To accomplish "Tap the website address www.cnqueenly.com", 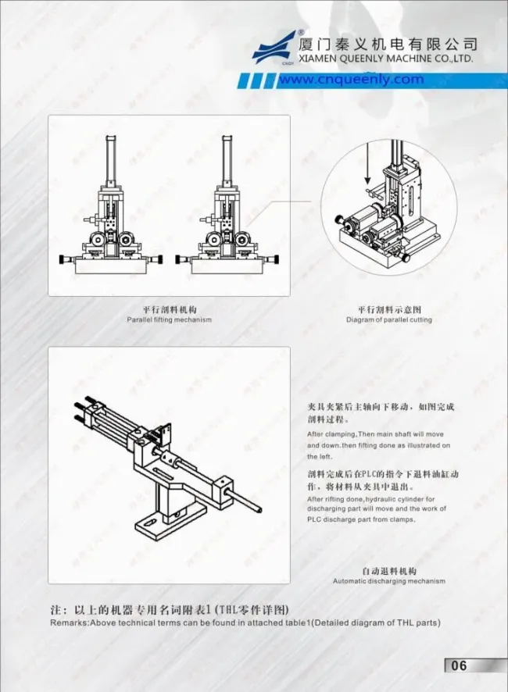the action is pos(351,80).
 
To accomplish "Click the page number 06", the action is pos(459,665).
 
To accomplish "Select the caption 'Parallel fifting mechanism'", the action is pos(169,319).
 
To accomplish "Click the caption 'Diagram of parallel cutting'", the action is pos(389,319).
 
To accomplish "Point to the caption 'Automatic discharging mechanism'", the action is pos(389,581).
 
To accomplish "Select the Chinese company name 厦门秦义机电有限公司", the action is pos(388,44).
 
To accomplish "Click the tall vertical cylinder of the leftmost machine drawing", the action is pos(110,159).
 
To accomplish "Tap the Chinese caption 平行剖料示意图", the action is pos(389,310).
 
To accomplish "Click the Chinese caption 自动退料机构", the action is pos(389,571).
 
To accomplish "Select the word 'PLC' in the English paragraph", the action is pos(313,519).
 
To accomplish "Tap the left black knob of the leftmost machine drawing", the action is pos(63,259).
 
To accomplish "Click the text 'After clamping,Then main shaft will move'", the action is pos(375,434).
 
